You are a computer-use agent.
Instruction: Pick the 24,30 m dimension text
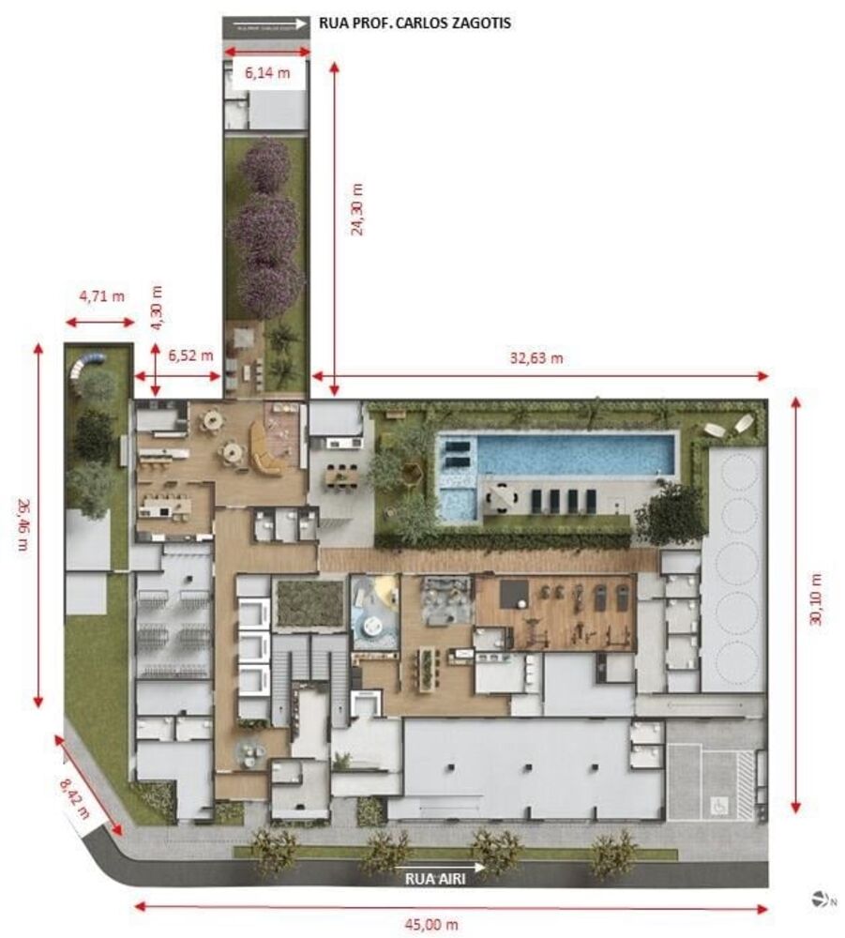[357, 209]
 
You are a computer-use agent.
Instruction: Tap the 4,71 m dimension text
[101, 296]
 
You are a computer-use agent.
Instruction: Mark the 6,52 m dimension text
[189, 356]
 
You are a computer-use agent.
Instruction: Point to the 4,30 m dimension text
[158, 308]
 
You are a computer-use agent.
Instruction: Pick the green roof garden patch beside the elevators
[309, 603]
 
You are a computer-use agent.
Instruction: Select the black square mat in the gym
[512, 593]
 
